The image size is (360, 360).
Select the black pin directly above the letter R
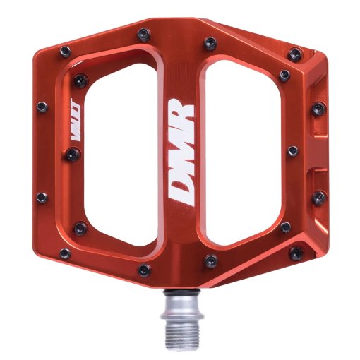point(209,43)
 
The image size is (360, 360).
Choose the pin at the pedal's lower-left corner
point(65,253)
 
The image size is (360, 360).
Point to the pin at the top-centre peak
point(143,32)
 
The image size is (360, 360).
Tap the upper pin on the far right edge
point(319,109)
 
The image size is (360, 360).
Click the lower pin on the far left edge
point(42,198)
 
